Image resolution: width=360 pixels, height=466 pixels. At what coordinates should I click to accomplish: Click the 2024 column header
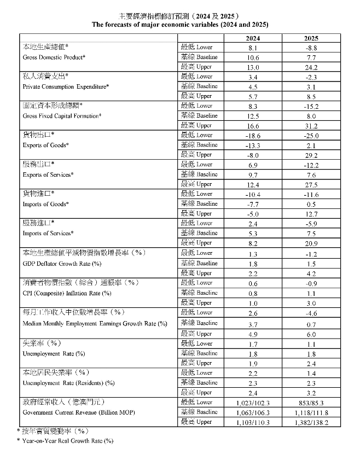pos(253,39)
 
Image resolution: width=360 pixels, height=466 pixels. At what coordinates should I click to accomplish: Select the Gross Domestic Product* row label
pos(54,57)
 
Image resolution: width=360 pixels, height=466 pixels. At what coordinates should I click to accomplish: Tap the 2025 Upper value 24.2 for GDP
pos(312,67)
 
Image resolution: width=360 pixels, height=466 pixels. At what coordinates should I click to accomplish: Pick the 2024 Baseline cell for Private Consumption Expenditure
pos(253,86)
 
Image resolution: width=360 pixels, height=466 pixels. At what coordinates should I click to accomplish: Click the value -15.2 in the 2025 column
pos(312,106)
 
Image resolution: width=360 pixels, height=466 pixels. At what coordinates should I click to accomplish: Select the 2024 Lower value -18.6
pos(253,136)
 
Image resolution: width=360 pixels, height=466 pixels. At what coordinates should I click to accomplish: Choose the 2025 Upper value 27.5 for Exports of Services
pos(312,184)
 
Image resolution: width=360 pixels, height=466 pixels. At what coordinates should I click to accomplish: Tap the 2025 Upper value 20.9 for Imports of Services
pos(312,243)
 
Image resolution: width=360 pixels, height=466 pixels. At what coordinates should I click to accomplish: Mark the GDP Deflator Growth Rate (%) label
pos(62,264)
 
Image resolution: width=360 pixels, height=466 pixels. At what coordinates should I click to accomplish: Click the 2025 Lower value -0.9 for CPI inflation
pos(312,283)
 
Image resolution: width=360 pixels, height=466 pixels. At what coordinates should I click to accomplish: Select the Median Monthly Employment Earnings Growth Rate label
pos(95,323)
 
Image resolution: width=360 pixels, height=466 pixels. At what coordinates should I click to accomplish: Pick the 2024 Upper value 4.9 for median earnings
pos(253,334)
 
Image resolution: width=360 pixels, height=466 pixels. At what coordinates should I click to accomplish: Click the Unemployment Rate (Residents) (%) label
pos(69,383)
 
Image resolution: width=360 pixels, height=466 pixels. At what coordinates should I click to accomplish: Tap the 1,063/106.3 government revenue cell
pos(253,412)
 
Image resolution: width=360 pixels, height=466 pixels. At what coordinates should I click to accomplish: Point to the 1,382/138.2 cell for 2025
pos(312,422)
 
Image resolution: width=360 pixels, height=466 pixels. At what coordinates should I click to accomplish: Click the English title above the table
pos(179,25)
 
